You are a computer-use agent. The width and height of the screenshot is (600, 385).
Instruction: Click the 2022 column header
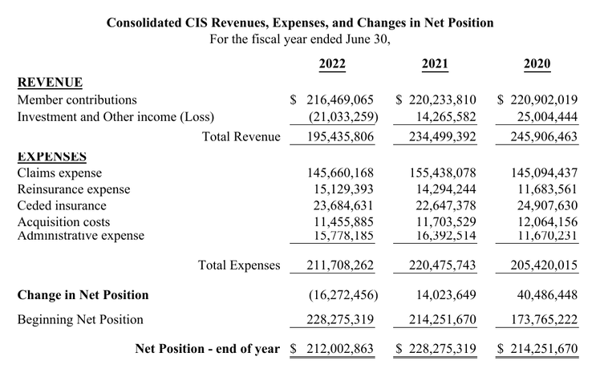[x=332, y=63]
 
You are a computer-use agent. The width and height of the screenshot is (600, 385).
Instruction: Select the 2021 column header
[x=435, y=63]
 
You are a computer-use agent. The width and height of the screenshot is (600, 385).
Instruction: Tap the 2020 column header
[x=537, y=63]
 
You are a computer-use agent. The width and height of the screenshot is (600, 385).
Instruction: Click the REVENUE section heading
[x=50, y=83]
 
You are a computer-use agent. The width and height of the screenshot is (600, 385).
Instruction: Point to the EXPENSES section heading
[x=52, y=156]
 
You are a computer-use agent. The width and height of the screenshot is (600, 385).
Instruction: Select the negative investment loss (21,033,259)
[x=343, y=117]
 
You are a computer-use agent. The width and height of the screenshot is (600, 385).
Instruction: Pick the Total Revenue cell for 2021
[x=442, y=136]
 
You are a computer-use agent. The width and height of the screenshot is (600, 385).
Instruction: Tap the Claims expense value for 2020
[x=545, y=173]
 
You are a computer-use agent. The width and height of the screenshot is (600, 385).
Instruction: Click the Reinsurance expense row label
[x=74, y=189]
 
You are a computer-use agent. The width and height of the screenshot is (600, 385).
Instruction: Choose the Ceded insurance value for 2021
[x=446, y=205]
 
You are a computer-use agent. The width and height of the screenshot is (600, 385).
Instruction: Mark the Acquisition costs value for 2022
[x=343, y=222]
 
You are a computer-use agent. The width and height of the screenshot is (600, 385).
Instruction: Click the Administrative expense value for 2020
[x=548, y=235]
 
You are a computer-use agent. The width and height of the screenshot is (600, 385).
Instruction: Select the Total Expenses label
[x=239, y=265]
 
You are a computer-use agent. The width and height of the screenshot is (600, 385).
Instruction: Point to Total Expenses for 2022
[x=340, y=265]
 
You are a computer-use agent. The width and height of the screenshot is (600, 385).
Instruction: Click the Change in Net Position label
[x=83, y=294]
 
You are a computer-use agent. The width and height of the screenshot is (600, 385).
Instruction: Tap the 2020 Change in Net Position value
[x=547, y=294]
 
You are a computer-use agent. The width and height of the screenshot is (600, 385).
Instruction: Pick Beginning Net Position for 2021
[x=442, y=319]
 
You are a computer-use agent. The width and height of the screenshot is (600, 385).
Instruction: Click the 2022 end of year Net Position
[x=332, y=349]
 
